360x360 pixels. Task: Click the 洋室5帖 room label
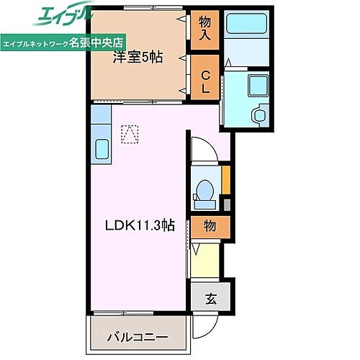[138, 60]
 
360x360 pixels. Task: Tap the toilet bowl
[204, 190]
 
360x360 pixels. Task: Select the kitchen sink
[101, 150]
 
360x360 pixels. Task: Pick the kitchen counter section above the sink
[100, 120]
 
